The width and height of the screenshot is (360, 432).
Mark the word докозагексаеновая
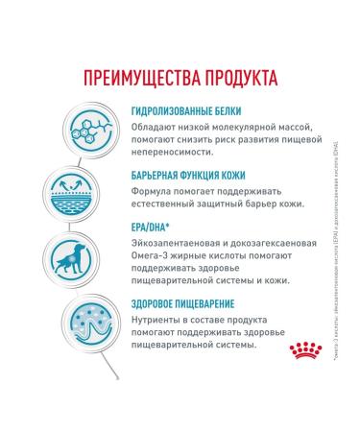269,244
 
